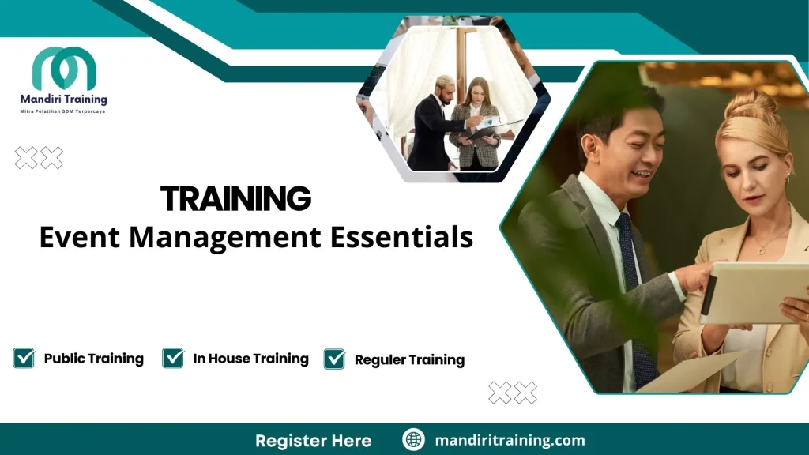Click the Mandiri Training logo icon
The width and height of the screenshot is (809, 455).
click(64, 68)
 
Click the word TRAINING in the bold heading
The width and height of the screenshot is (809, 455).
click(235, 199)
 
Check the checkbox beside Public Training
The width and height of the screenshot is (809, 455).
click(24, 359)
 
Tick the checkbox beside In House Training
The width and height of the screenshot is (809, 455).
click(173, 359)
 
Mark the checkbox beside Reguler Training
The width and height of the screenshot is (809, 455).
click(335, 359)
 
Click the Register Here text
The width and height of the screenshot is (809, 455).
click(313, 440)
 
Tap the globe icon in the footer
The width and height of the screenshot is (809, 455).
click(413, 440)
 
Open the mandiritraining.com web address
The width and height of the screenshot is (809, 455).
click(510, 440)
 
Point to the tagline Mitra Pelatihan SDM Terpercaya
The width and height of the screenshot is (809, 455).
click(63, 112)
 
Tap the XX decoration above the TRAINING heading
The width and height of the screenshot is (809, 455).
click(39, 158)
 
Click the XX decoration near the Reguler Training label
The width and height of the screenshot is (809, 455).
click(513, 393)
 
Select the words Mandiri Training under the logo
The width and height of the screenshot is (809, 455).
click(63, 100)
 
